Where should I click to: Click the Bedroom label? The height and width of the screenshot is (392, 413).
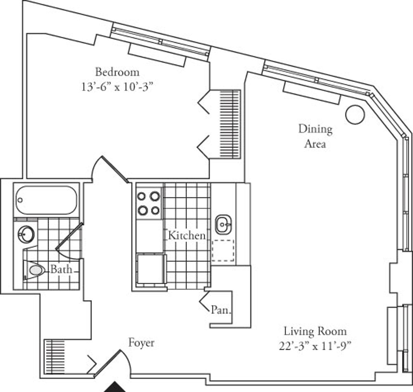(117, 72)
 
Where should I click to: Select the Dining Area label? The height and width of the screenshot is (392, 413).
(315, 136)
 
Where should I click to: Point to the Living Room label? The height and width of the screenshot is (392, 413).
(315, 331)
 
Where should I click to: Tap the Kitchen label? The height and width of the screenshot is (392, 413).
(187, 236)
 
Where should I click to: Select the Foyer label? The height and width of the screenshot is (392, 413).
(141, 343)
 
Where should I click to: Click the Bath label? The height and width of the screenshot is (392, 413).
(61, 269)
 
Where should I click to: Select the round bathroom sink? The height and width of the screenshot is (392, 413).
(26, 234)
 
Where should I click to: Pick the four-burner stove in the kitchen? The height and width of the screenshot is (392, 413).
(149, 203)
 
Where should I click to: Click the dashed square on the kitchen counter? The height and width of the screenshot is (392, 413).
(223, 251)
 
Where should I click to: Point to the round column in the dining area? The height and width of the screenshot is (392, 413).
(354, 114)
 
